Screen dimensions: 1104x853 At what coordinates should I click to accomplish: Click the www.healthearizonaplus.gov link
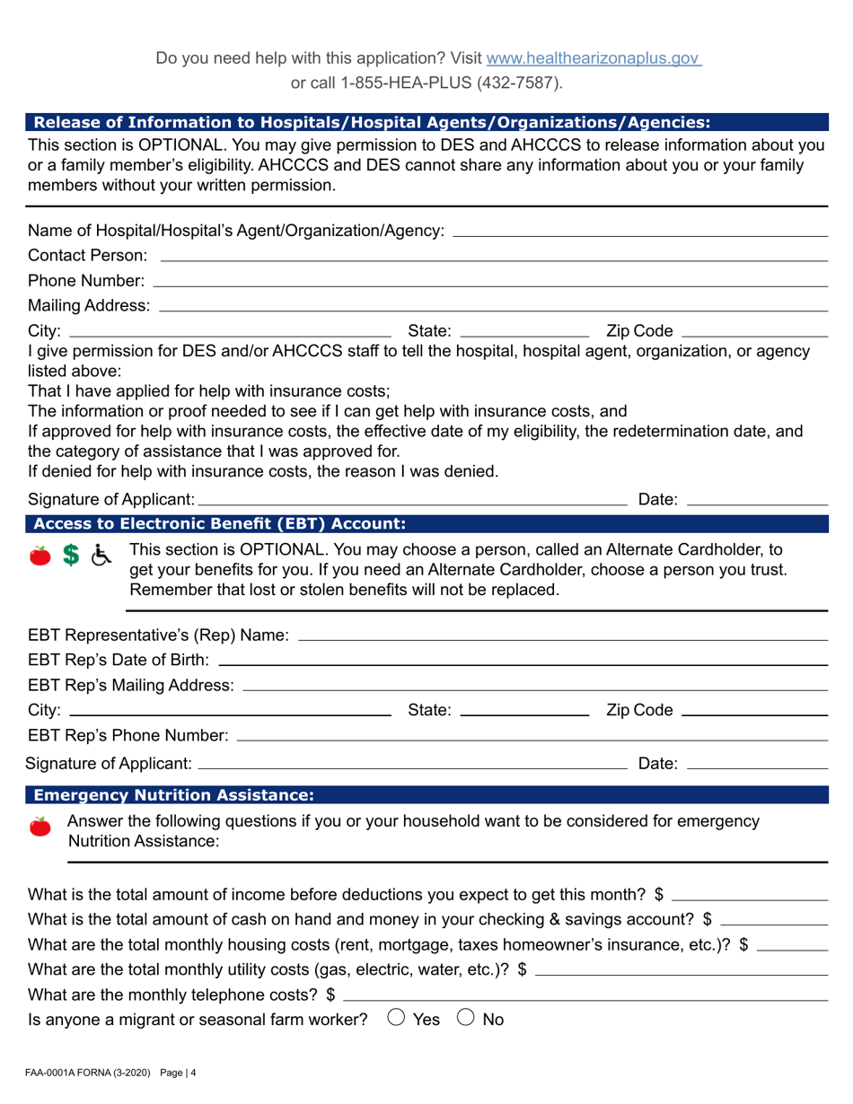coord(593,58)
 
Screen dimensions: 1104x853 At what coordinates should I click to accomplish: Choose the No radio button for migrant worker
coord(466,1018)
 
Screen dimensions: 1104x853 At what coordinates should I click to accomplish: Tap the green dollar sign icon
coord(69,556)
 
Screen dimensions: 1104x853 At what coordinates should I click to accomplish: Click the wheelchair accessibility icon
coord(102,556)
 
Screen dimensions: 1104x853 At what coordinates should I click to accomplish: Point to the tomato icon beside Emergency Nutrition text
coord(40,827)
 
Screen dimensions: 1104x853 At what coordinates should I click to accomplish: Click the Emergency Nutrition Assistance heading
coord(173,794)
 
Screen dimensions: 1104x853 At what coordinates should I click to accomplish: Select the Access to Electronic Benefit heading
coord(220,523)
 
